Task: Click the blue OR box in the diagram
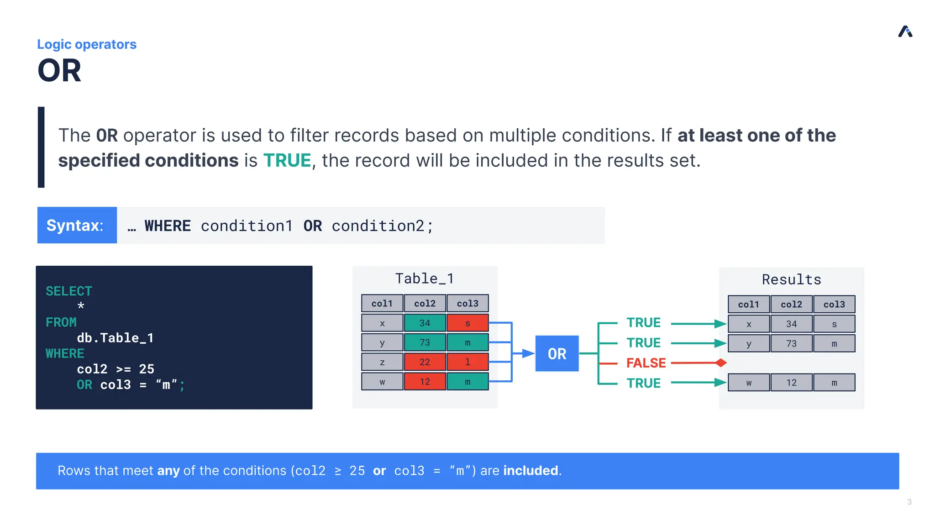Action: coord(557,353)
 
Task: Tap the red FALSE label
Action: coord(646,363)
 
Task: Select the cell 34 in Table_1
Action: coord(425,323)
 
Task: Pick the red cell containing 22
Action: coord(425,362)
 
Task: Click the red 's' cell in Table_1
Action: coord(467,323)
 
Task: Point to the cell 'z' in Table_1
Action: coord(382,362)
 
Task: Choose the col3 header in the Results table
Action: coord(834,305)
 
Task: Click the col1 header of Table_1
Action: coord(382,304)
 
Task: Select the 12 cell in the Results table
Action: coord(791,383)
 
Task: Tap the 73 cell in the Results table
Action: coord(791,344)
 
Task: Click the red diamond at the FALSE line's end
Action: coord(721,363)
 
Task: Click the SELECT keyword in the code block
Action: coord(69,291)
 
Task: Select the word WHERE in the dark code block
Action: coord(65,353)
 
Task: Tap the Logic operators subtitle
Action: coord(87,44)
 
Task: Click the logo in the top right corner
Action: coord(905,32)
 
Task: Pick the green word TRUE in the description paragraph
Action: coord(287,161)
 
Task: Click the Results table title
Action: coord(791,279)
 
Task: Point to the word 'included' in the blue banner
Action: coord(531,471)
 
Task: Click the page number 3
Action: coord(909,502)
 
